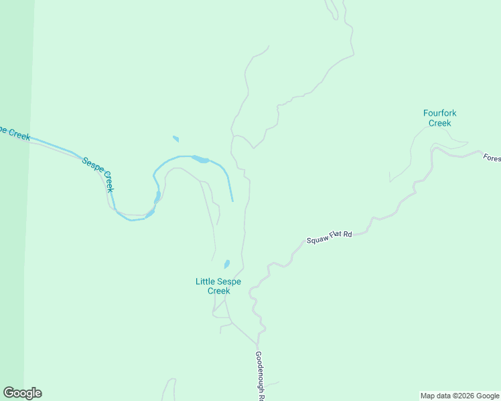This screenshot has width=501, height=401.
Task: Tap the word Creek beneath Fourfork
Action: pos(440,123)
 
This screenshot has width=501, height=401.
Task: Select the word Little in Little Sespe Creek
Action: pos(204,281)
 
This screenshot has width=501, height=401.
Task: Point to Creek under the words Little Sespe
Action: pos(218,291)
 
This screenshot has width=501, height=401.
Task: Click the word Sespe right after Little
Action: pos(228,281)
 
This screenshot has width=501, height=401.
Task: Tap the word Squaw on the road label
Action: pos(318,239)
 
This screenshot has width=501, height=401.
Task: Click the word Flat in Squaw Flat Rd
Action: pos(336,235)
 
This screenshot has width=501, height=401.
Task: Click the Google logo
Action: pos(22,393)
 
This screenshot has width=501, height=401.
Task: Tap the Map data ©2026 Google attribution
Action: pos(460,396)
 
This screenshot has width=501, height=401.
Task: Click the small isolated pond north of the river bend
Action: pos(175,139)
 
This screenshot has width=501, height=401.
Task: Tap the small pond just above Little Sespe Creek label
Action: pos(227,264)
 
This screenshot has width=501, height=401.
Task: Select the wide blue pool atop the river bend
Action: pos(200,159)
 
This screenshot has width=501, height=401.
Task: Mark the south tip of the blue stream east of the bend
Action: pos(232,200)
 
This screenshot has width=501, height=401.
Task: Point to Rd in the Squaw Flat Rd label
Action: pos(348,234)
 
